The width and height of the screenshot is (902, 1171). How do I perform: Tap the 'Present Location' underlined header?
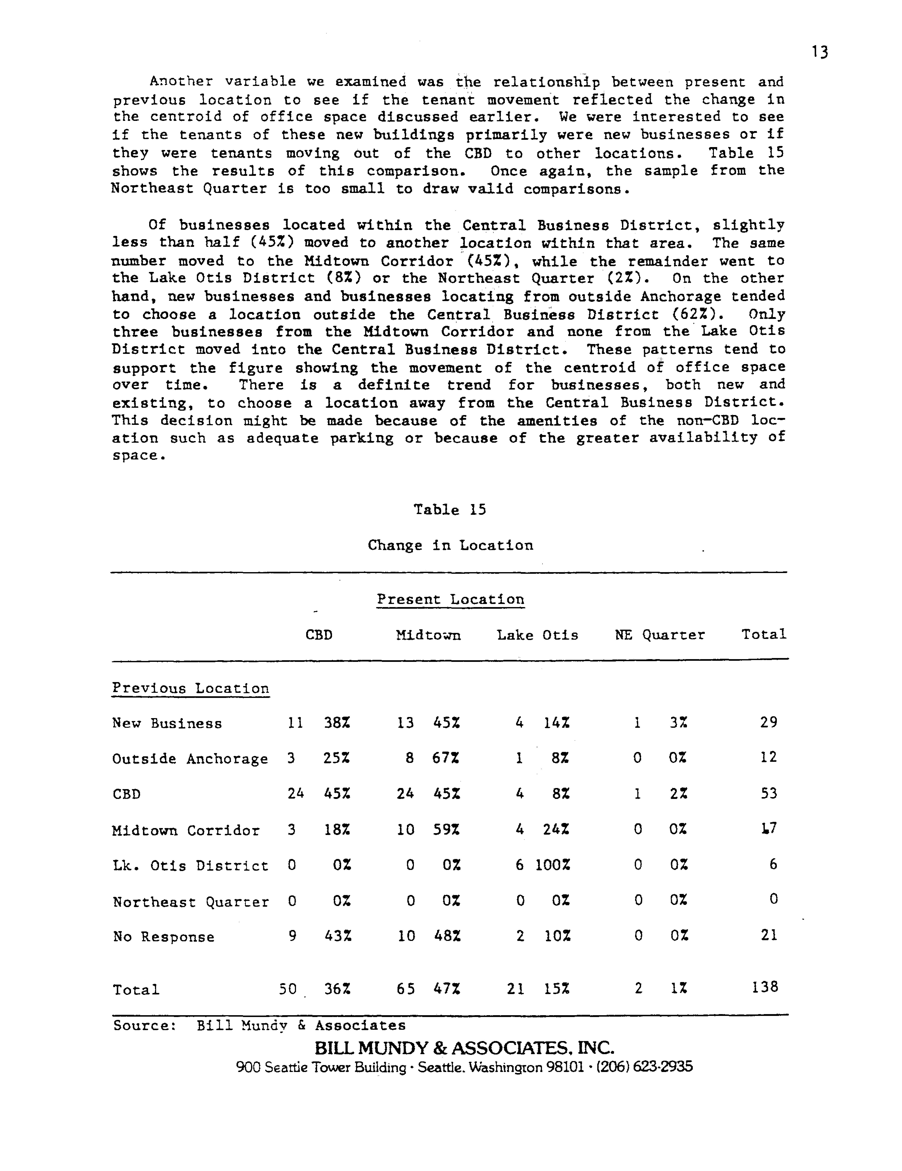click(450, 599)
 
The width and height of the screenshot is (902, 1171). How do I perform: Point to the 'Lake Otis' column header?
click(537, 635)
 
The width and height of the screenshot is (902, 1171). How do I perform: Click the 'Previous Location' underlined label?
click(190, 688)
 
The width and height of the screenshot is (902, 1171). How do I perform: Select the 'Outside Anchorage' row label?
click(190, 759)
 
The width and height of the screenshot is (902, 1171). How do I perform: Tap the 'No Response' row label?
click(164, 937)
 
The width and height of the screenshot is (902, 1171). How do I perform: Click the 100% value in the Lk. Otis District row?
click(553, 865)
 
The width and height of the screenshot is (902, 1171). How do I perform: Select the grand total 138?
click(765, 987)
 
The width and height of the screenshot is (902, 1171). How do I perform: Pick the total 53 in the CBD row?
click(768, 793)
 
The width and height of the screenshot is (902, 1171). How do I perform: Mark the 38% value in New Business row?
click(337, 723)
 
